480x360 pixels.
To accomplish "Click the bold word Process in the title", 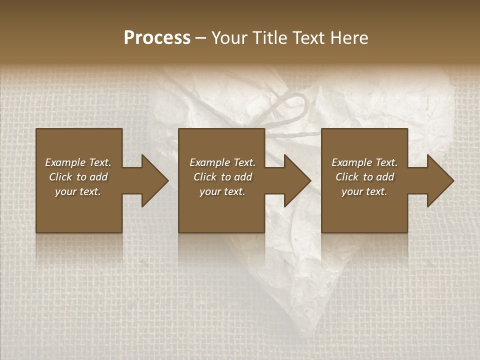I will click(157, 38).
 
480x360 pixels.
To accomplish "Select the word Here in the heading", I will click(349, 38).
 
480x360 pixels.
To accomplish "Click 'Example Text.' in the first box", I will click(78, 162).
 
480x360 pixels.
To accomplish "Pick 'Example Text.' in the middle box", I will click(222, 162).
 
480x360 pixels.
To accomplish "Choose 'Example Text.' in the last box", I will click(364, 162).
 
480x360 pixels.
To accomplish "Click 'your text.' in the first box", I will click(78, 191).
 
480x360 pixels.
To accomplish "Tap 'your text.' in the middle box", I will click(222, 191).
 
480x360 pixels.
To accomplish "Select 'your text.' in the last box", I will click(364, 191).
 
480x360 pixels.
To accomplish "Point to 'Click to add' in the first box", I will click(78, 177).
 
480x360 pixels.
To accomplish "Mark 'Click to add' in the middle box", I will click(222, 177).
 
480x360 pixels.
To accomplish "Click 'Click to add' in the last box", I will click(364, 177).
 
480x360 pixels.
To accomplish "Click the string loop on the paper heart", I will click(290, 107).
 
